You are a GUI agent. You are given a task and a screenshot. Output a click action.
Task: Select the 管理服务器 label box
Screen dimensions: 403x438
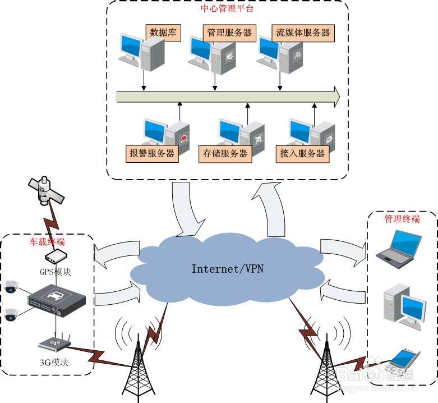[x=229, y=32]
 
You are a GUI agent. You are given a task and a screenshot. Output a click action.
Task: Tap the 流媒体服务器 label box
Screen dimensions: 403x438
[x=303, y=32]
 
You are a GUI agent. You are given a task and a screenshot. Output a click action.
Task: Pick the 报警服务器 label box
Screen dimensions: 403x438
[x=153, y=153]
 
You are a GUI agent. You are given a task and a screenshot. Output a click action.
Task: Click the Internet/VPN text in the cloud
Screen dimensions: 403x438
[x=227, y=269]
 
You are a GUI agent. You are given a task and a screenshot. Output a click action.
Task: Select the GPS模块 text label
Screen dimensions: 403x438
[x=55, y=272]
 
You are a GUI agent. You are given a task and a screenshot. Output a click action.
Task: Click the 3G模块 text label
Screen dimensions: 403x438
[x=54, y=362]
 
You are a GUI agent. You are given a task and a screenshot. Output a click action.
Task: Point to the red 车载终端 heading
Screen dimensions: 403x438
[x=47, y=242]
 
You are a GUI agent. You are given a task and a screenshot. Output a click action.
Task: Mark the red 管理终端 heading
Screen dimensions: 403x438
[x=402, y=219]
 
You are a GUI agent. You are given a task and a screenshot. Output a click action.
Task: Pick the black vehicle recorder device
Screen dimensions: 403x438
[x=57, y=297]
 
